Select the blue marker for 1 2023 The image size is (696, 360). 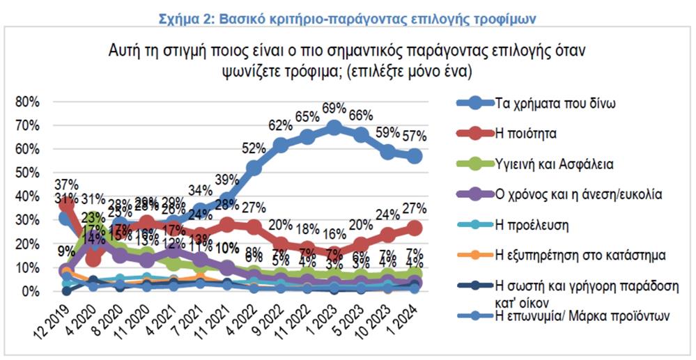[334, 127]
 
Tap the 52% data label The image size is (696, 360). [254, 148]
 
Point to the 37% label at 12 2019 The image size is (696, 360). [67, 185]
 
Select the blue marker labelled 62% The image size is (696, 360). [280, 144]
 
